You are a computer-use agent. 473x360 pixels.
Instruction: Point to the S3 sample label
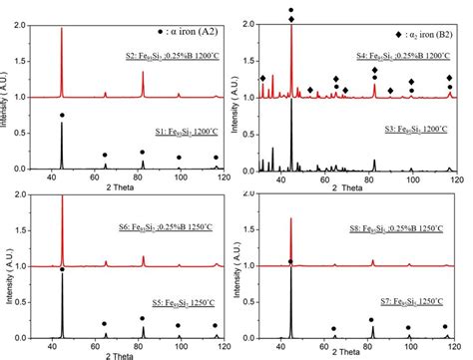[413, 131]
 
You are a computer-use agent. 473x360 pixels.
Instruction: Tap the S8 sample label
[398, 229]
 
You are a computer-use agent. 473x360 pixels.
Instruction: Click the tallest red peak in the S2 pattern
[62, 30]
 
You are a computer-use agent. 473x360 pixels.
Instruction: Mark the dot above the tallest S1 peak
[62, 116]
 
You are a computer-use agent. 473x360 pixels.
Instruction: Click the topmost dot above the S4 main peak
[291, 11]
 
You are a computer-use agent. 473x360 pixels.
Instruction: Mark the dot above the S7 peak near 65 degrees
[334, 328]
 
